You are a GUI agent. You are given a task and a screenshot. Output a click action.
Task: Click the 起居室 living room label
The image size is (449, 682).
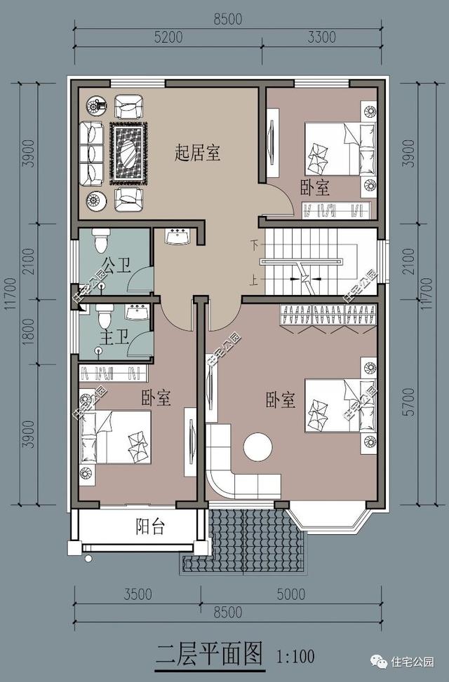[x=197, y=154]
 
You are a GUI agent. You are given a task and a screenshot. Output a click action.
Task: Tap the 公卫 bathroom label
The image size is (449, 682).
[x=116, y=265]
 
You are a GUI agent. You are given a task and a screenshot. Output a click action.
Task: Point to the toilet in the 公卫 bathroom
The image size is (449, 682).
[x=100, y=240]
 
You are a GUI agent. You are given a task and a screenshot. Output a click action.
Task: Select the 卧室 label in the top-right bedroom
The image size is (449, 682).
[x=315, y=188]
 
